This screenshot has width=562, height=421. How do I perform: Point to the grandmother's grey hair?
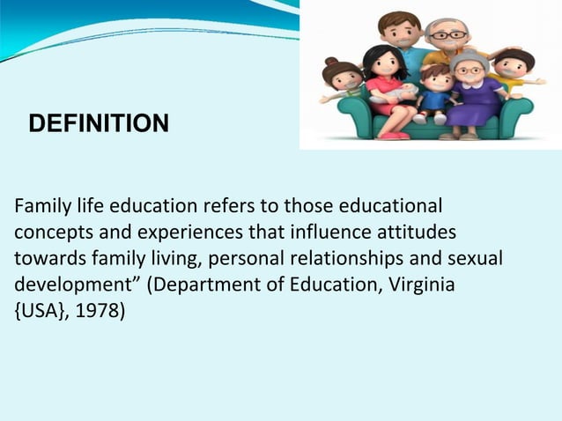click(x=468, y=60)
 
